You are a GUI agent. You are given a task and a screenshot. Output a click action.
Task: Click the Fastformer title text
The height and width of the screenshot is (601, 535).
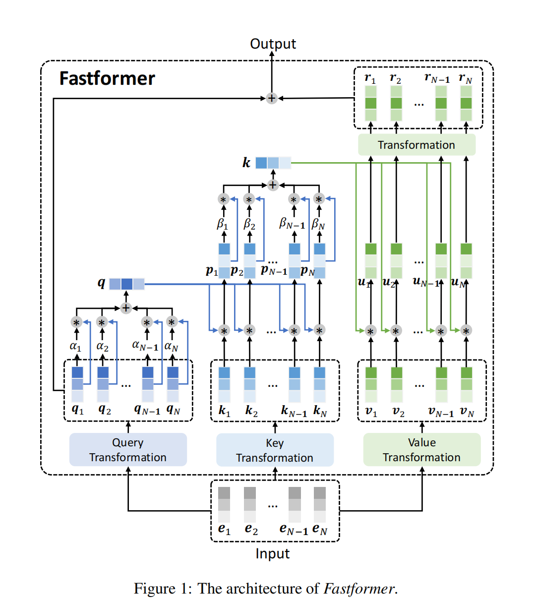[107, 78]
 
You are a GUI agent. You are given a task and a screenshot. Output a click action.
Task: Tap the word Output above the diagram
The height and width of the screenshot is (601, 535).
[273, 44]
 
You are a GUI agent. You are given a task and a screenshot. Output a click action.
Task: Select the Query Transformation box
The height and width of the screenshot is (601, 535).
[128, 450]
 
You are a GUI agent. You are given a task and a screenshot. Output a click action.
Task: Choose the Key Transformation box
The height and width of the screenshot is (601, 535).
[275, 450]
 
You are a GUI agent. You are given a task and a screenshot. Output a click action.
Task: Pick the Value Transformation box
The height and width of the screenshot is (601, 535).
[422, 450]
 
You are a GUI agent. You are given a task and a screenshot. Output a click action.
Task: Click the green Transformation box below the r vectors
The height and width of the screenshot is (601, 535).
[416, 145]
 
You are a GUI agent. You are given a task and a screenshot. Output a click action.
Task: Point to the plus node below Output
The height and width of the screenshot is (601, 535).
[272, 98]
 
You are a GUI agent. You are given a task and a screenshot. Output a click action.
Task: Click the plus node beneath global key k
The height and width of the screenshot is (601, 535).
[273, 185]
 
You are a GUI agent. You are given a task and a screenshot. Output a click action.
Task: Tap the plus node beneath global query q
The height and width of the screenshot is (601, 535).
[126, 308]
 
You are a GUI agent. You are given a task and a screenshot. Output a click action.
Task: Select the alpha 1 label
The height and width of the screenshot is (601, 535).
[75, 347]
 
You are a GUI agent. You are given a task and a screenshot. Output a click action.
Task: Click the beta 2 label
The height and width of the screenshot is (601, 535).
[249, 224]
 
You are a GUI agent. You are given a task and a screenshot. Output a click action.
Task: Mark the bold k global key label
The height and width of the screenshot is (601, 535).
[246, 163]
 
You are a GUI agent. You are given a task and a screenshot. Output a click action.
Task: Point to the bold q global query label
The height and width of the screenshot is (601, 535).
[101, 283]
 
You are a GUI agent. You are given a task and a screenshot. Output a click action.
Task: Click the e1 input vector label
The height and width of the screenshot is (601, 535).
[224, 529]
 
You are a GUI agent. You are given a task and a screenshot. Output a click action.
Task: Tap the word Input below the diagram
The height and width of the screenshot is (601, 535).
[272, 554]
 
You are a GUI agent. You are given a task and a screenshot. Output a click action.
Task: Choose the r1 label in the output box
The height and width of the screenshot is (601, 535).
[370, 78]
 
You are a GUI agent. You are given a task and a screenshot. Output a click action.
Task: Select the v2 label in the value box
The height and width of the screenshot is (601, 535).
[398, 412]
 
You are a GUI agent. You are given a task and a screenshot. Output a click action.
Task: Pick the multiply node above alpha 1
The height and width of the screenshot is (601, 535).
[76, 323]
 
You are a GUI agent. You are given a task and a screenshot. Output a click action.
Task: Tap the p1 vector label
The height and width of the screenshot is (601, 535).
[212, 271]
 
